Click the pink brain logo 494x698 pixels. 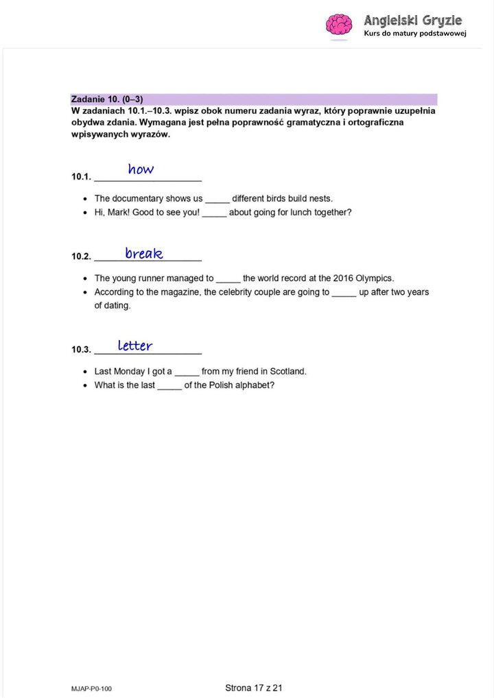[x=338, y=25]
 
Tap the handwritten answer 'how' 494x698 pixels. [x=141, y=169]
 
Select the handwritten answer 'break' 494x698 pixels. [x=144, y=254]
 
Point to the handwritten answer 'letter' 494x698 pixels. [x=135, y=346]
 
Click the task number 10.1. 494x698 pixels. [x=81, y=177]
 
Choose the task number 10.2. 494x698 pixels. [x=81, y=256]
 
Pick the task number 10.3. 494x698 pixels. [x=81, y=350]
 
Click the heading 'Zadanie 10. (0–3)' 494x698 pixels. [x=107, y=99]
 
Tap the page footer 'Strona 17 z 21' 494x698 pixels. [x=254, y=688]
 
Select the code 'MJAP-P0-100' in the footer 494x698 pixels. [x=91, y=688]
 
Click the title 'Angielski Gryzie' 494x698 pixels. [x=413, y=21]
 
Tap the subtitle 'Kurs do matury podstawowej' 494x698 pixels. [x=415, y=34]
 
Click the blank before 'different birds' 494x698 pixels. [x=217, y=199]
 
